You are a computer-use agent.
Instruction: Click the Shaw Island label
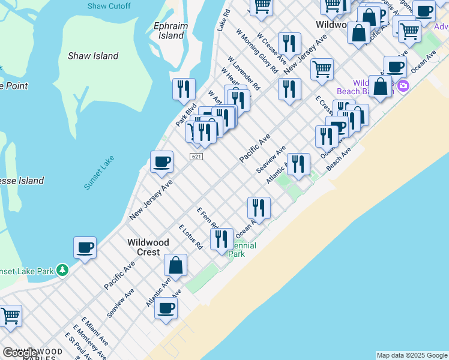(92, 56)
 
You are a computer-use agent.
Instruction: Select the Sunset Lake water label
(98, 173)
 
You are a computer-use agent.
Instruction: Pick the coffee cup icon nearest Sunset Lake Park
(85, 247)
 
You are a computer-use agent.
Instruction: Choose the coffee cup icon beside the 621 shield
(161, 161)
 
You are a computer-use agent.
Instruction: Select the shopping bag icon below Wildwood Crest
(175, 265)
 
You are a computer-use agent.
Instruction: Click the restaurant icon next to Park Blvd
(184, 89)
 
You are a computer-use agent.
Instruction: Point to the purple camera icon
(402, 85)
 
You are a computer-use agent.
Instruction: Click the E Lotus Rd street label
(191, 236)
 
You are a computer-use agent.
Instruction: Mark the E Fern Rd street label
(207, 218)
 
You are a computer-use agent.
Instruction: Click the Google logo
(19, 353)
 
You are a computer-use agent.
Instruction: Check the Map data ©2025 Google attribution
(412, 355)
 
